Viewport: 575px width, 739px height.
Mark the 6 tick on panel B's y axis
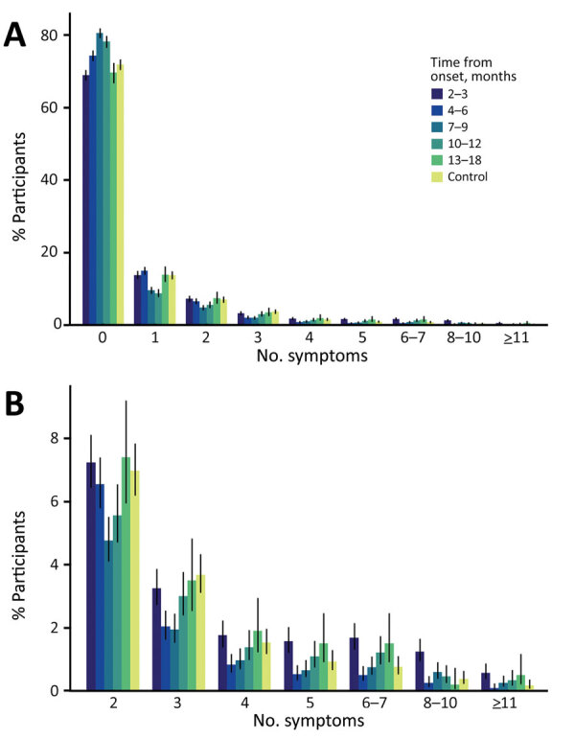tap(64, 501)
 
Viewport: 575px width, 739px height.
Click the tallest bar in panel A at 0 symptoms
tap(100, 182)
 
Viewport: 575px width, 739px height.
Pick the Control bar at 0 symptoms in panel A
tap(122, 196)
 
